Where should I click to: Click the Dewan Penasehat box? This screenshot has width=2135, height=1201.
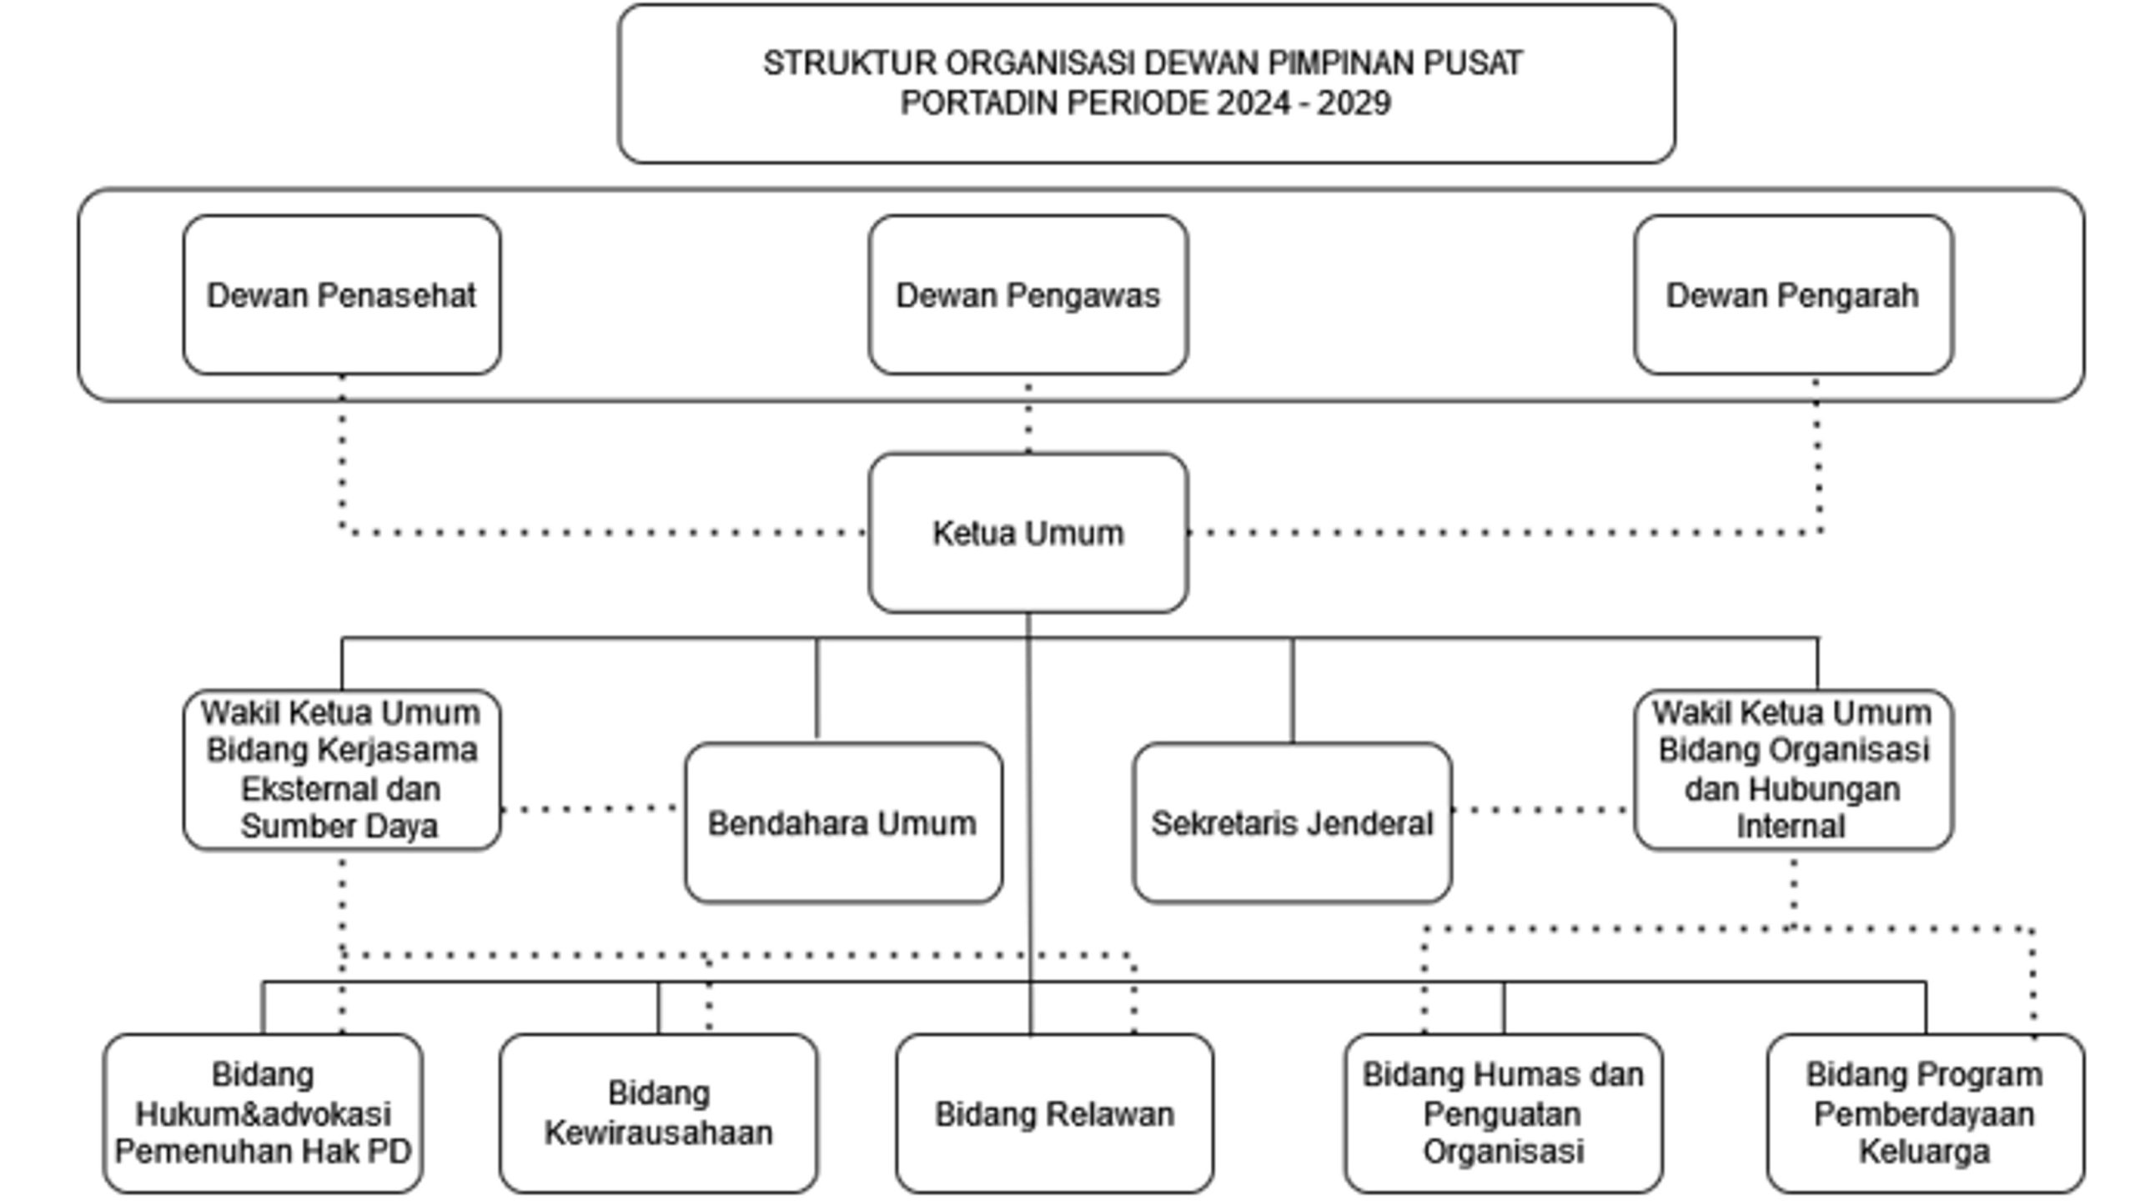click(x=342, y=295)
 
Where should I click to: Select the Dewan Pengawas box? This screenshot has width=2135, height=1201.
click(x=1027, y=295)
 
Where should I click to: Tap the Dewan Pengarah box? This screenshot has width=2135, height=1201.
click(x=1793, y=295)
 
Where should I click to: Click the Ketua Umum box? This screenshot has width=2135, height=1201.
click(x=1027, y=533)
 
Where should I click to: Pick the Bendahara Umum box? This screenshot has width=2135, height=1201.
click(x=842, y=823)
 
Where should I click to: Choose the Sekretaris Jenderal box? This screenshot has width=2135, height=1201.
click(x=1292, y=823)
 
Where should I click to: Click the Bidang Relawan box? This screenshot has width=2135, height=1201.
click(x=1054, y=1114)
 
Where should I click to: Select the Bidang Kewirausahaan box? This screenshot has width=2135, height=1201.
click(x=658, y=1114)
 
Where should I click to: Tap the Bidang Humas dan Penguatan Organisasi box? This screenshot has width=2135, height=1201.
click(x=1503, y=1114)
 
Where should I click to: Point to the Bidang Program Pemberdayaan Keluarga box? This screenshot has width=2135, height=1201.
click(x=1925, y=1114)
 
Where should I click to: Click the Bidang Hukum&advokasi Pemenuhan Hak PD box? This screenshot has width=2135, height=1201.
click(x=263, y=1114)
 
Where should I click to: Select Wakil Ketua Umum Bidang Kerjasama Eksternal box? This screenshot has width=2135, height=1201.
click(x=342, y=770)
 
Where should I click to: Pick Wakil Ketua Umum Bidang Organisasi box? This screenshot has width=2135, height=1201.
click(x=1793, y=770)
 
